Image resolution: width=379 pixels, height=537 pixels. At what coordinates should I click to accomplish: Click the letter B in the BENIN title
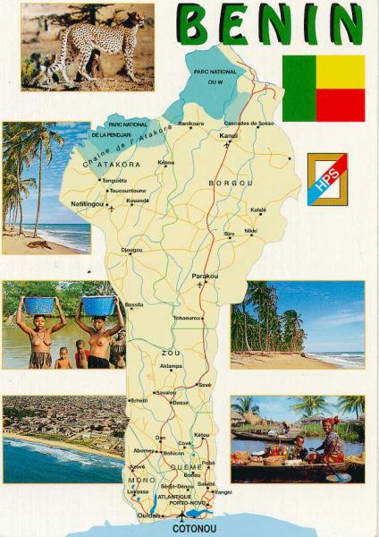(x=196, y=24)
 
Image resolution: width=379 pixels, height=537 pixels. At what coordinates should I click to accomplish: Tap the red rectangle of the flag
(x=341, y=104)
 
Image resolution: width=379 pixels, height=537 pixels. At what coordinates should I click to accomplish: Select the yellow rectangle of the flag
(x=341, y=72)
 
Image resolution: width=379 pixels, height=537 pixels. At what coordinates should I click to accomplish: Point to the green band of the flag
(x=299, y=88)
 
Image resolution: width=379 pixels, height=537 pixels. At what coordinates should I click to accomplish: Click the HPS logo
(x=327, y=178)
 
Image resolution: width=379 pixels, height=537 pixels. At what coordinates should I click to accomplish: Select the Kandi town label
(x=230, y=136)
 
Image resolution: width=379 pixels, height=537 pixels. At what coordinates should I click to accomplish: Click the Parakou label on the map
(x=206, y=277)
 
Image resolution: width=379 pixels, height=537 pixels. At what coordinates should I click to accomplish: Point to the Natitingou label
(x=88, y=203)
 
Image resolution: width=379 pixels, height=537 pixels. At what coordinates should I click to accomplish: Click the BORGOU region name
(x=231, y=183)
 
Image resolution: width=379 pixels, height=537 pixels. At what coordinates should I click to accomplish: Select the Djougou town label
(x=131, y=250)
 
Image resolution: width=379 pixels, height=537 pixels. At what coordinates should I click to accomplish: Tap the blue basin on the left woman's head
(x=39, y=305)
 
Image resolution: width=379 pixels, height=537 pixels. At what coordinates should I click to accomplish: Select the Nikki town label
(x=250, y=231)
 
